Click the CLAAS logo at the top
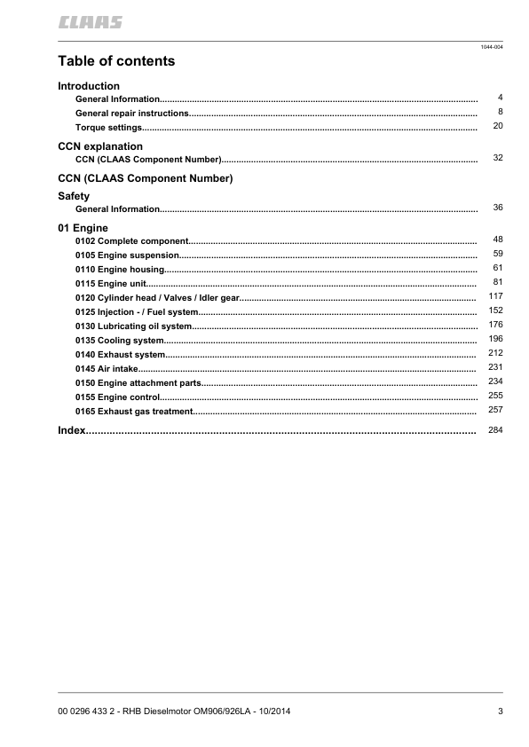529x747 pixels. (x=91, y=22)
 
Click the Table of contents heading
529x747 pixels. (x=116, y=61)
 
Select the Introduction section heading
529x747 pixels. (x=89, y=86)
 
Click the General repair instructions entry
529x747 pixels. (x=132, y=114)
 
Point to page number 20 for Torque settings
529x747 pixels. (x=498, y=127)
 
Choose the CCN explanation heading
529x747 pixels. (x=100, y=146)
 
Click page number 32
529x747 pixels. (x=498, y=157)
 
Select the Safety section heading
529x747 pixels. (x=74, y=194)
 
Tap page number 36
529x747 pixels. (x=498, y=208)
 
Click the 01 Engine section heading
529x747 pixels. (x=83, y=228)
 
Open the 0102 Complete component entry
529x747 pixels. (x=132, y=241)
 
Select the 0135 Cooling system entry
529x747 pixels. (x=120, y=341)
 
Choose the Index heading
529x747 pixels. (x=71, y=430)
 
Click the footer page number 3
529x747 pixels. (x=501, y=712)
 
